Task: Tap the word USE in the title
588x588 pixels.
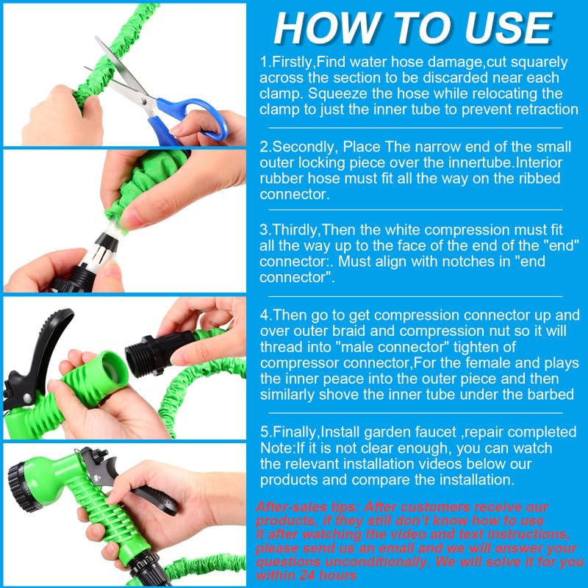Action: pyautogui.click(x=508, y=29)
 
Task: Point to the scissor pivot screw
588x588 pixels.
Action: pyautogui.click(x=144, y=101)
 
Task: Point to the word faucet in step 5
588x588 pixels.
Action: pyautogui.click(x=436, y=432)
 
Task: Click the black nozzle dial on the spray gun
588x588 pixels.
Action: pyautogui.click(x=24, y=487)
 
